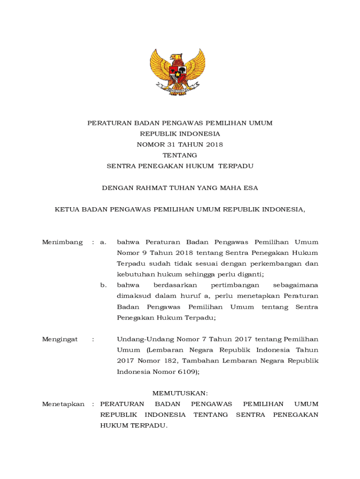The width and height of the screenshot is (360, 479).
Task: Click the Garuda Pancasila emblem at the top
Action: [x=178, y=72]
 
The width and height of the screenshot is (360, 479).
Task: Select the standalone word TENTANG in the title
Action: [x=180, y=155]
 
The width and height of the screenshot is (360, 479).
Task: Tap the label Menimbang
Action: [x=62, y=242]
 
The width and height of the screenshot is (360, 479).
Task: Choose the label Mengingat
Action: [x=60, y=339]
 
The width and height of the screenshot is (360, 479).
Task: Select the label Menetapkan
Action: [x=63, y=404]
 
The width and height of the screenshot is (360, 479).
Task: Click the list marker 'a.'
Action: [x=103, y=242]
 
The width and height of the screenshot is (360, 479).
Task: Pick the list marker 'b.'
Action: [x=103, y=285]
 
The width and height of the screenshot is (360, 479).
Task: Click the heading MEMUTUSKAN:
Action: [x=180, y=393]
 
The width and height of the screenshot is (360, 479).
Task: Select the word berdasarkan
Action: [x=175, y=285]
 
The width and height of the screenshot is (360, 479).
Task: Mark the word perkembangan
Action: [x=278, y=264]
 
